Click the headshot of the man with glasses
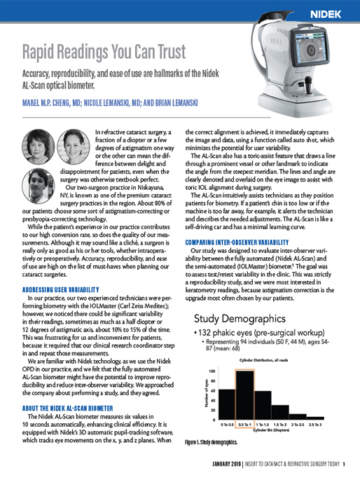pos(39,184)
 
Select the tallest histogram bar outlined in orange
pos(244,393)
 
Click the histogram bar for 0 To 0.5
pos(227,403)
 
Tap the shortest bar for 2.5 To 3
pos(312,418)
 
